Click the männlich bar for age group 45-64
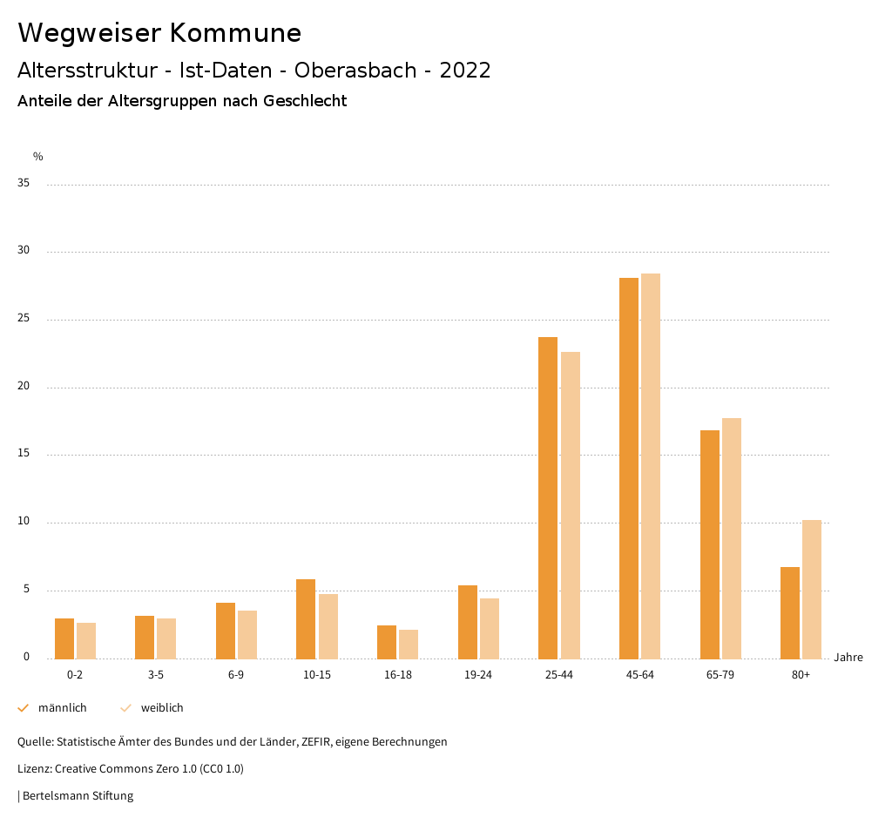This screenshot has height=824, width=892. pos(629,469)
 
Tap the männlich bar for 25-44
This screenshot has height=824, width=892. pos(548,497)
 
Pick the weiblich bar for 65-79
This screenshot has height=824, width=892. pos(732,538)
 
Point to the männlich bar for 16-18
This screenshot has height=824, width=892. pos(387,642)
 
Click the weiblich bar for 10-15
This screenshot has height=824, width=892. pos(328,626)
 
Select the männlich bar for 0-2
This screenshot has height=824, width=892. pos(64,638)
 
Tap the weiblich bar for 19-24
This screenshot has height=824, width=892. pos(490,628)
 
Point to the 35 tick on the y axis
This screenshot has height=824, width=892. pos(24,184)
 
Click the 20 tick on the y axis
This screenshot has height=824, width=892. pos(24,387)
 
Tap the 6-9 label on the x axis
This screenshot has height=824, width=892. pos(236,675)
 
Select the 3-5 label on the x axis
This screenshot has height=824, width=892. pos(156,675)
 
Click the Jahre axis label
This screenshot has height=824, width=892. pos(848,658)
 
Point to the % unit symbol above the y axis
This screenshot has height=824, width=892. pos(38,157)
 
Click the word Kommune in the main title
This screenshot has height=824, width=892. pos(235,33)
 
